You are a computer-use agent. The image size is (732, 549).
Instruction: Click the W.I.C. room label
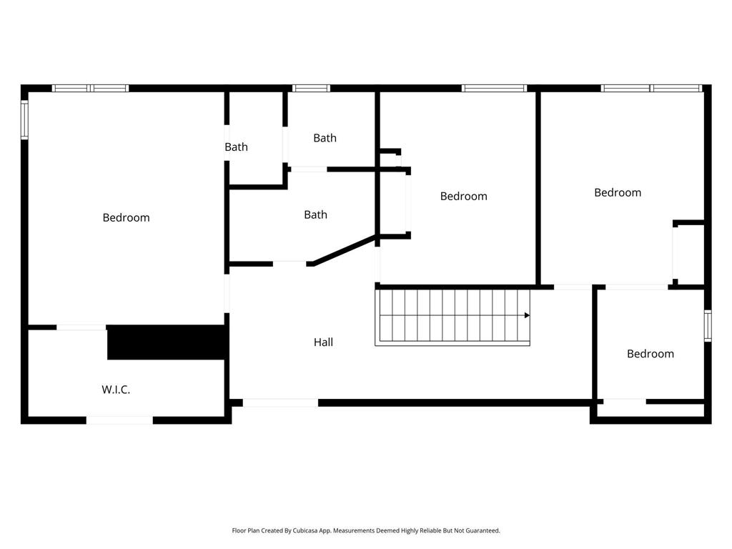[115, 390]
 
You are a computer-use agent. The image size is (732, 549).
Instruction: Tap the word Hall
[323, 342]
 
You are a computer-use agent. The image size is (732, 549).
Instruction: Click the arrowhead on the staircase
[527, 315]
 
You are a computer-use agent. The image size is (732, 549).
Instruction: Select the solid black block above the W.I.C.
[167, 342]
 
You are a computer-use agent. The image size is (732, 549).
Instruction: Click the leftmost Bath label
[236, 147]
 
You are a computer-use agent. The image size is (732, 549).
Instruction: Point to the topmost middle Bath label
[325, 138]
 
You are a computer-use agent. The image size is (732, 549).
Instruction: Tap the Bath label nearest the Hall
[315, 214]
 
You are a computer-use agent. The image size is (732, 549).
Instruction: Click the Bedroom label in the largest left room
[126, 217]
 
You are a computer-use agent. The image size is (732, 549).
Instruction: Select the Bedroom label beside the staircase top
[463, 196]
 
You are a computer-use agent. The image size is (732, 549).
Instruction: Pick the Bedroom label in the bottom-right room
[650, 354]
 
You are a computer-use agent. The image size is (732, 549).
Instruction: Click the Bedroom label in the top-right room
[618, 192]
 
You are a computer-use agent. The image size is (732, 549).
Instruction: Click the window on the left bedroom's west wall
[24, 119]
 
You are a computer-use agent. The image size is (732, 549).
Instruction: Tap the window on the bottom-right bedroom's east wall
[707, 325]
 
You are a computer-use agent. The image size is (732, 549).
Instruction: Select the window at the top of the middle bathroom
[311, 89]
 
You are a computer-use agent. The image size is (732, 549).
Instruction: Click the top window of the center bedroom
[494, 89]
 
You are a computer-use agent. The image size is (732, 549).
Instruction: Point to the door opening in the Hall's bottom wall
[280, 403]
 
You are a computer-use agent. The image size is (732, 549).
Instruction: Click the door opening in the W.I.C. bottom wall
[119, 420]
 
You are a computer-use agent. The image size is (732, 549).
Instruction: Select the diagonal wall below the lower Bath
[345, 250]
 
